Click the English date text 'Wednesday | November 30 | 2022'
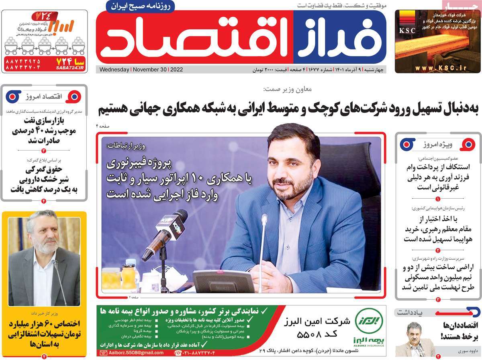[141, 69]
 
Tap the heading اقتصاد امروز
[44, 96]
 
